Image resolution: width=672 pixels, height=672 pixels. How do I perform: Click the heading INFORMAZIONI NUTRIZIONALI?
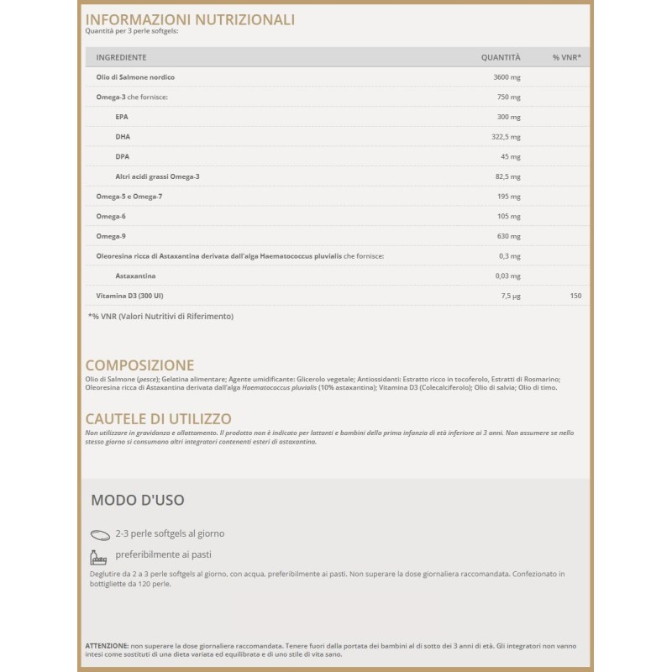tap(190, 19)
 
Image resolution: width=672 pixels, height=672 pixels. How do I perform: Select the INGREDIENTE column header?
tap(121, 57)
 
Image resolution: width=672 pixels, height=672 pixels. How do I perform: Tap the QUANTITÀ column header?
tap(501, 57)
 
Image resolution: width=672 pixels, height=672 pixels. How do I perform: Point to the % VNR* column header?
tap(566, 57)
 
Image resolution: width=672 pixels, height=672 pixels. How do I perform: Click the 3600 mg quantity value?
tap(507, 77)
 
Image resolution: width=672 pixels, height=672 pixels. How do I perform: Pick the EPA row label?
tap(122, 117)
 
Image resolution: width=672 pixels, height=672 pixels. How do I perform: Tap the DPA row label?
tap(122, 156)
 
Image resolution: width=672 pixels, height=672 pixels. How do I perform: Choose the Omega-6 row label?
tap(110, 216)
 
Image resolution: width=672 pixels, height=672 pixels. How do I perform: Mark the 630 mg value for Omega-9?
tap(508, 236)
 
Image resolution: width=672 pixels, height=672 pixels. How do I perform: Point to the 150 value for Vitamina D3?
tap(575, 296)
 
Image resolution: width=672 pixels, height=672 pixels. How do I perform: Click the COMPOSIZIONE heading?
tap(139, 365)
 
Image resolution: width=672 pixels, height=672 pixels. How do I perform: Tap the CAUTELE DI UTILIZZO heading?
tap(158, 418)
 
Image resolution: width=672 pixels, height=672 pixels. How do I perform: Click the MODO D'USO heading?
tap(137, 500)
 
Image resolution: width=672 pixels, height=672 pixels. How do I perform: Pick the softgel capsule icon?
tap(100, 534)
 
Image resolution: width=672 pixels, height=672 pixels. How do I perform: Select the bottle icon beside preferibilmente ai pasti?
tap(99, 556)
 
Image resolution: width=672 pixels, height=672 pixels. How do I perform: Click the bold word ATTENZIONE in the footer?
tap(107, 644)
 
